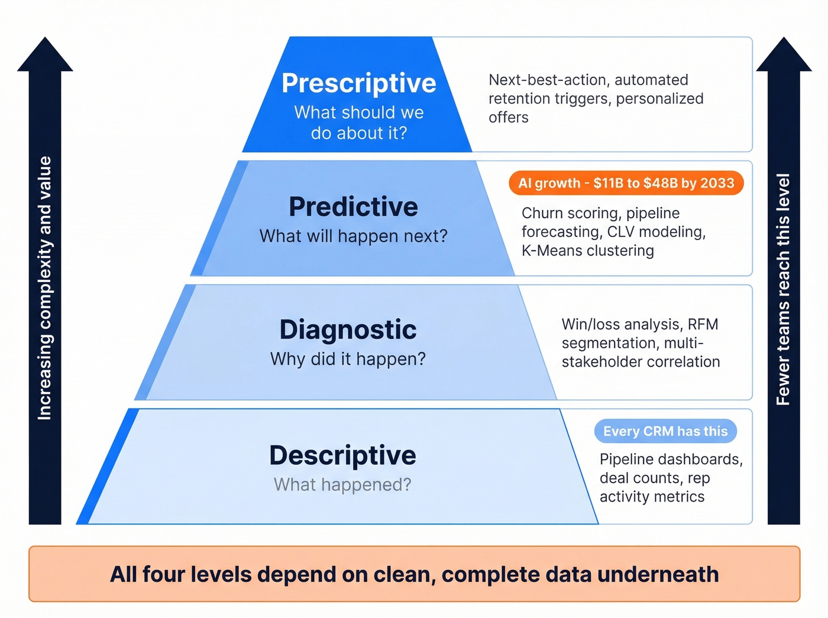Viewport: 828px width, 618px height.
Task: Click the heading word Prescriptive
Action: point(358,83)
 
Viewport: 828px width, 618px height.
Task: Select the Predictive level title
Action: point(353,206)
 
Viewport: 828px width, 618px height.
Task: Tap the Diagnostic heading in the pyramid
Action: point(348,330)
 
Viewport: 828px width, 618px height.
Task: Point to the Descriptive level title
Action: point(342,455)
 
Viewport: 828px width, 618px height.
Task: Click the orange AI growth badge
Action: point(626,183)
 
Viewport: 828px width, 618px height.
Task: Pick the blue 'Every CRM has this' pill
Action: point(665,431)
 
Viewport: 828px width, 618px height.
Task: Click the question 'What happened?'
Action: point(342,485)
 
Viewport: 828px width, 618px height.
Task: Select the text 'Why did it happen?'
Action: point(348,359)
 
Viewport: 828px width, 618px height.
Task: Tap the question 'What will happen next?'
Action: point(353,236)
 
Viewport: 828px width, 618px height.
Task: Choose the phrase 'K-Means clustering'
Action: point(587,251)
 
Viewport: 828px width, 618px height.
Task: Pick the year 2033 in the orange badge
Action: point(717,183)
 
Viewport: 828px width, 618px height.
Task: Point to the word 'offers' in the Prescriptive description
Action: point(508,118)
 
